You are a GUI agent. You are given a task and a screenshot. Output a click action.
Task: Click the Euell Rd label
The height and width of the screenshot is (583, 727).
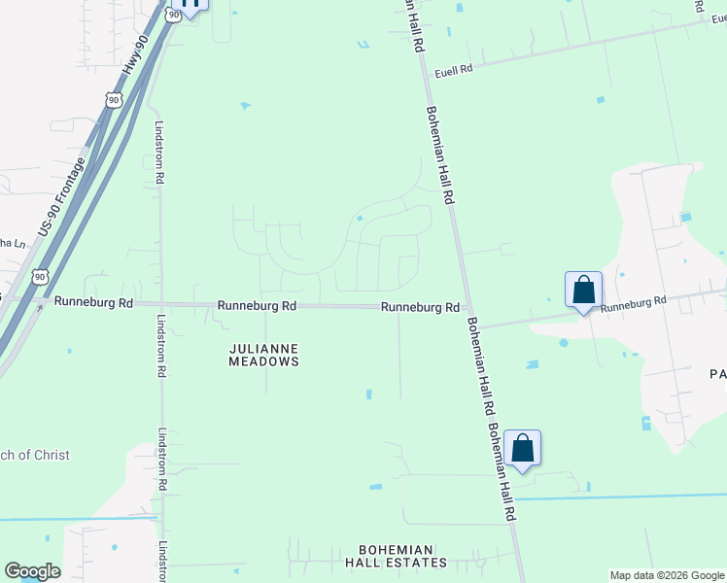tap(453, 70)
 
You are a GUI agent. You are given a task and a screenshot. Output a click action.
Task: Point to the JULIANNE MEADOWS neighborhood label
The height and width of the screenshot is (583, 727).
tap(263, 355)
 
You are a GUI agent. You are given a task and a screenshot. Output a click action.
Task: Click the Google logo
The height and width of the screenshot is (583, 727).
tap(32, 571)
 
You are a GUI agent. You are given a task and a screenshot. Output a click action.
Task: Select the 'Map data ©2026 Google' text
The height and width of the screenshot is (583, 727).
tap(667, 575)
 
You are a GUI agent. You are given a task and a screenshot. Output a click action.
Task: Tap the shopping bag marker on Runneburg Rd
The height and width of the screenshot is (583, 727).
tap(583, 290)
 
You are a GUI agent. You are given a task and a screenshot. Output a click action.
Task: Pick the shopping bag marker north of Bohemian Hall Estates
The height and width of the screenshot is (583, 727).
tap(522, 449)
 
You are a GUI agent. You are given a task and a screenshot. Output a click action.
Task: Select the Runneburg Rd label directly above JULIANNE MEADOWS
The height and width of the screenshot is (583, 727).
tap(257, 306)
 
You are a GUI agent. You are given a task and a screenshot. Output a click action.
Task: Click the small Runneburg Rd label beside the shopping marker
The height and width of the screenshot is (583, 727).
tap(633, 303)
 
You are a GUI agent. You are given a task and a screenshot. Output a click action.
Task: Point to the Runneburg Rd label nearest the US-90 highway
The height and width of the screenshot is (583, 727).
tap(93, 302)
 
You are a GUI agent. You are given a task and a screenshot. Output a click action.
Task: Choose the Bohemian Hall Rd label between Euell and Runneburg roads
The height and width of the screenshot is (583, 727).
tap(440, 154)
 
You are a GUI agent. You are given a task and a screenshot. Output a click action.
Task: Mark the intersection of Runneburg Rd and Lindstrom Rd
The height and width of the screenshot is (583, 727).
tap(161, 304)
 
